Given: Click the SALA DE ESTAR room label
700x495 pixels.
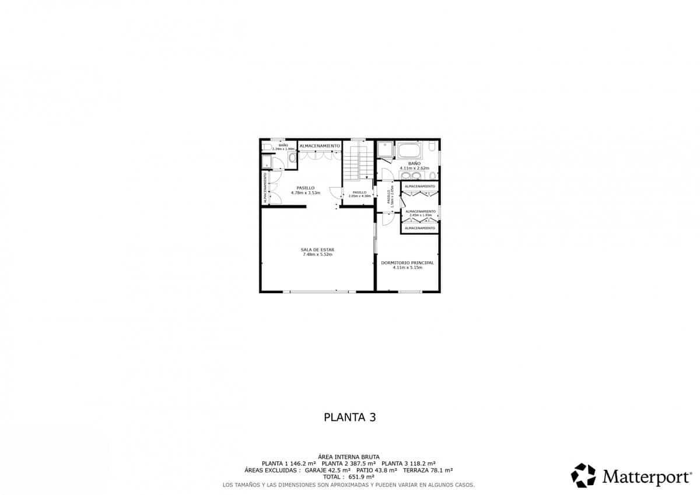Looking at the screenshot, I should (x=318, y=250).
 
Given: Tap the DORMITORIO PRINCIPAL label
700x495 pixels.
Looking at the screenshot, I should (x=407, y=263).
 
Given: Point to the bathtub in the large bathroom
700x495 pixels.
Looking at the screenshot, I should (x=412, y=151).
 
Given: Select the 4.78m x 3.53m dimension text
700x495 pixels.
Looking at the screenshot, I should (x=306, y=193).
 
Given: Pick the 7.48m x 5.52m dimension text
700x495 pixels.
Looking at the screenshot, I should (x=318, y=255).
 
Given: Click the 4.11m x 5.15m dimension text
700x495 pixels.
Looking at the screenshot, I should (x=407, y=268).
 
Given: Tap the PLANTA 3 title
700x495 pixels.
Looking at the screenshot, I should (x=349, y=417).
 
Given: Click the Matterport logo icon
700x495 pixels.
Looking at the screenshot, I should (x=583, y=475).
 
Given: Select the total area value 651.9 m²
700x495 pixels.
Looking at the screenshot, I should (x=361, y=476).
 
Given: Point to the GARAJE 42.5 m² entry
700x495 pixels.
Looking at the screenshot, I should (x=327, y=470).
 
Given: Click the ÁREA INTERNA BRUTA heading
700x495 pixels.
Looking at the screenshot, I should (x=349, y=457).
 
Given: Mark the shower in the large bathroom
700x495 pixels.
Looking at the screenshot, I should (x=385, y=151).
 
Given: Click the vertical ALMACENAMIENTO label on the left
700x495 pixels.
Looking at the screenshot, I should (x=265, y=188).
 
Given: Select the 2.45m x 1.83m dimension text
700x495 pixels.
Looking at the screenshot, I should (x=420, y=215).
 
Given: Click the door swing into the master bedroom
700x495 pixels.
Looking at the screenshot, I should (x=386, y=219).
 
